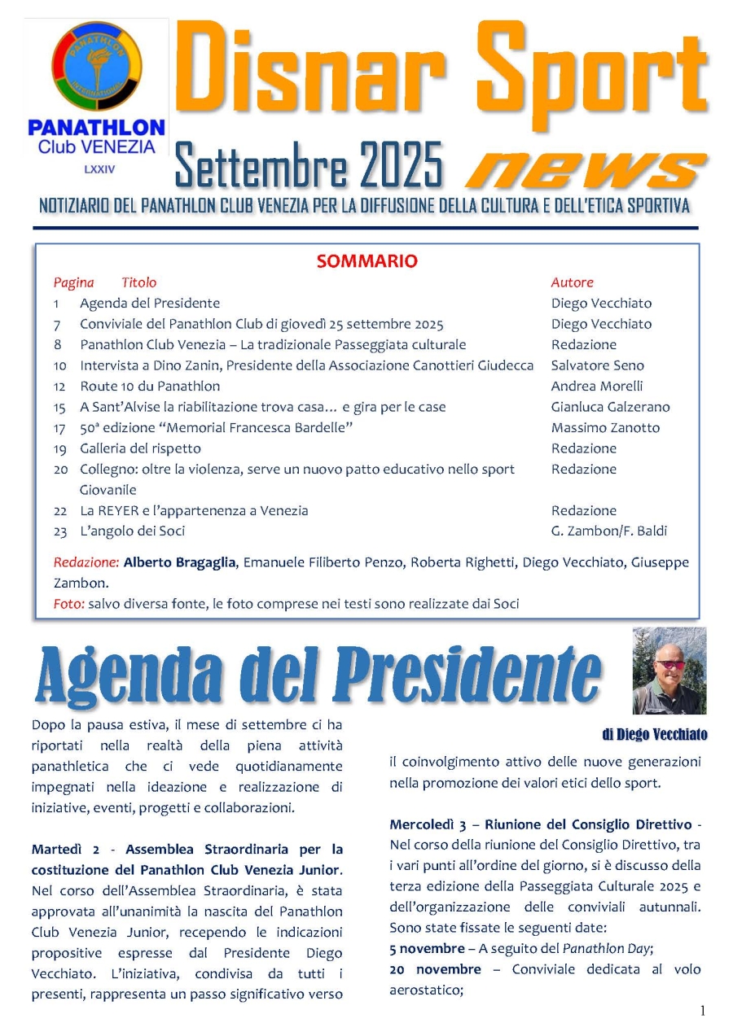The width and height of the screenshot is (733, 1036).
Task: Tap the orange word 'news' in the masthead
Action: point(584,168)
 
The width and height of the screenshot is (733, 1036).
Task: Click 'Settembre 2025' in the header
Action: point(309,164)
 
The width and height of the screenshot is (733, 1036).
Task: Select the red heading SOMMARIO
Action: point(366,261)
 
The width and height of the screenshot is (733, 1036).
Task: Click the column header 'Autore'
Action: point(573,282)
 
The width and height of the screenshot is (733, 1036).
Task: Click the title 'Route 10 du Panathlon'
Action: point(150,386)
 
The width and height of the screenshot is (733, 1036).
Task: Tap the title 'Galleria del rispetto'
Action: point(140,448)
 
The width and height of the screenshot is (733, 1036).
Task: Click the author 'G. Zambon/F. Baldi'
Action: point(608,531)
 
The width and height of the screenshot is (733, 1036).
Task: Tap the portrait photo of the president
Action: point(669,671)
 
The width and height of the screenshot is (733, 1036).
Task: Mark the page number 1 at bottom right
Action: point(702,1012)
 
